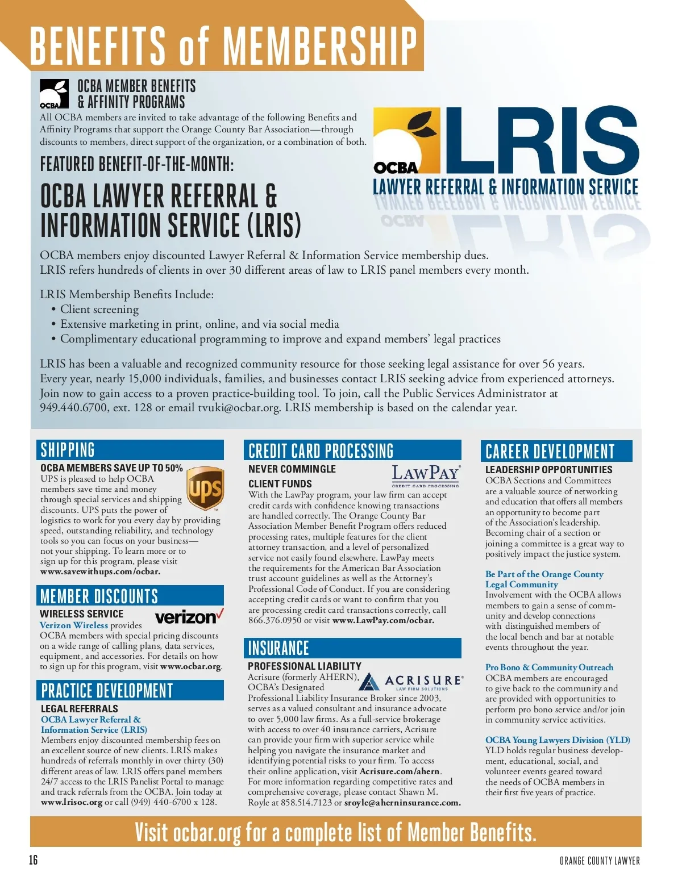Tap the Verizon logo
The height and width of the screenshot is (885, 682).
(x=189, y=616)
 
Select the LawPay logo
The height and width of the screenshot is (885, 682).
(x=426, y=475)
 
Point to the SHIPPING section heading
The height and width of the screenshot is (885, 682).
(x=68, y=450)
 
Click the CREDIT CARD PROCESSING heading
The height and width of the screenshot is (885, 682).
(x=321, y=451)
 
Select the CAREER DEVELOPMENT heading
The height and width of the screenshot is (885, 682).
(x=550, y=452)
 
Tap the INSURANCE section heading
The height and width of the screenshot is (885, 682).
(x=278, y=648)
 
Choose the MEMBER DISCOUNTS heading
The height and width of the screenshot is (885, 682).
(x=99, y=596)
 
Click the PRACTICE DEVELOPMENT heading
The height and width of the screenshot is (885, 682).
(x=107, y=691)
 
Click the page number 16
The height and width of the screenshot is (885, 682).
(x=34, y=860)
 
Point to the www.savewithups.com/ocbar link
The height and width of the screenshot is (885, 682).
(x=100, y=571)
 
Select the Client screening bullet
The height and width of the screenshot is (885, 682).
(x=99, y=310)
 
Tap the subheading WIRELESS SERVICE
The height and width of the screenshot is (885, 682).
(x=81, y=614)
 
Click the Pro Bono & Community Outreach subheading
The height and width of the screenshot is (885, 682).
(x=549, y=667)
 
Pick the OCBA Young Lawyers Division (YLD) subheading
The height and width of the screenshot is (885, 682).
(x=558, y=740)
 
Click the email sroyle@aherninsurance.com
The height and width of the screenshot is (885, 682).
(x=402, y=803)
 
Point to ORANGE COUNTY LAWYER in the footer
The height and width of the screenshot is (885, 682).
(x=600, y=861)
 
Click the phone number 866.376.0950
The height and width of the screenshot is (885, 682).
(x=275, y=620)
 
